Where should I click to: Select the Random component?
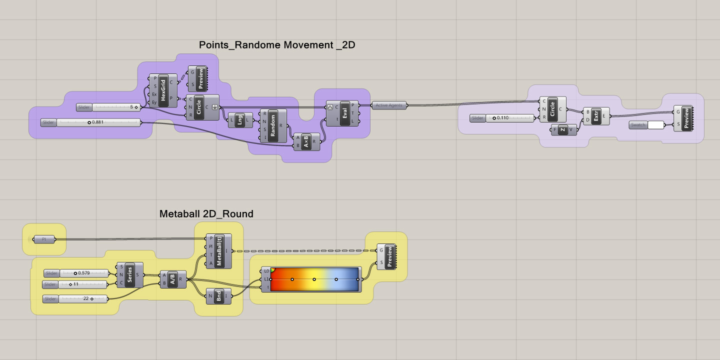coord(273,125)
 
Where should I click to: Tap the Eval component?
coord(344,113)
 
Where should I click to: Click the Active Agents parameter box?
coord(389,105)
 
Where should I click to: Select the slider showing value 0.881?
coord(98,122)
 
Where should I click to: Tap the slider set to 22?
coord(83,299)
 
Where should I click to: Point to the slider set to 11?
coord(83,284)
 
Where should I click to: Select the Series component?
coord(130,275)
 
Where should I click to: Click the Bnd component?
coord(219,296)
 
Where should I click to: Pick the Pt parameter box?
coord(44,239)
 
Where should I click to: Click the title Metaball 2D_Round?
coord(206,214)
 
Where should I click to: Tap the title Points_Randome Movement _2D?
coord(277,45)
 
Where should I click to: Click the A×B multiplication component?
coord(305,141)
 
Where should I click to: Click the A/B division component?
coord(172,279)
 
